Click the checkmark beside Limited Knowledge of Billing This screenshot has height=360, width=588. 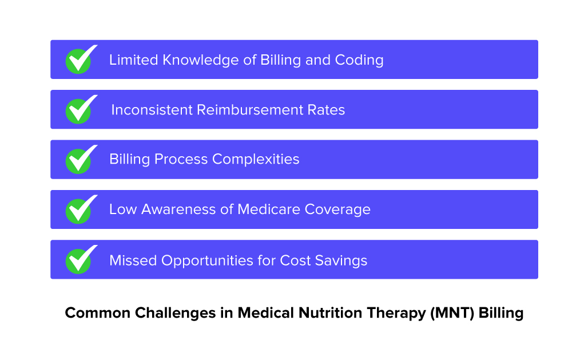[79, 60]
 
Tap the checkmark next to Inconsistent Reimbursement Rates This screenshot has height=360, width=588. [79, 110]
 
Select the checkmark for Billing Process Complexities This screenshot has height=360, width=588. [79, 160]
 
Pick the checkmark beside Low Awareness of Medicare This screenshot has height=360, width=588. [79, 210]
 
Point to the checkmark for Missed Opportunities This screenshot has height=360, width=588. [79, 260]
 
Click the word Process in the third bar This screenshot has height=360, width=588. [180, 159]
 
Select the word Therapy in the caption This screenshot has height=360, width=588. [397, 314]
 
